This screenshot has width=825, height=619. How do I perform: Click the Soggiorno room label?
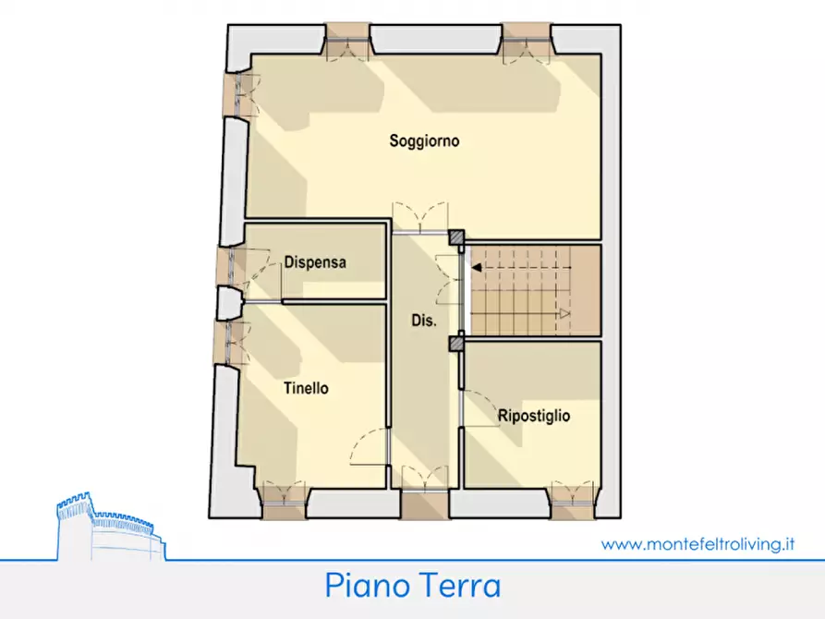coord(424,141)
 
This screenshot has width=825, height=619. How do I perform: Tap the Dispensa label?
coord(315,262)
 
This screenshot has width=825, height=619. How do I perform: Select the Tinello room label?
coord(306,388)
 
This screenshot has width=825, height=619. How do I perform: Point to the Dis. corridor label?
coord(423,321)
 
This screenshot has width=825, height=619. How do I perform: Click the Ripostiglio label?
coord(533,416)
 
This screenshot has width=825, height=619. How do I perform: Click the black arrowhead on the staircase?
coord(476,267)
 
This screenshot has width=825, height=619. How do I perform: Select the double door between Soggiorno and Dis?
coord(421,218)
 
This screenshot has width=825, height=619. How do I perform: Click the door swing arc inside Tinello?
coord(367,446)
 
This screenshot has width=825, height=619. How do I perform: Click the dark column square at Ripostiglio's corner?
coord(456,344)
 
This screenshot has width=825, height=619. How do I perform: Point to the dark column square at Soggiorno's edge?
coord(456,237)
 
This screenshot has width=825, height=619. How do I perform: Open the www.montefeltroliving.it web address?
coord(698,544)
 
